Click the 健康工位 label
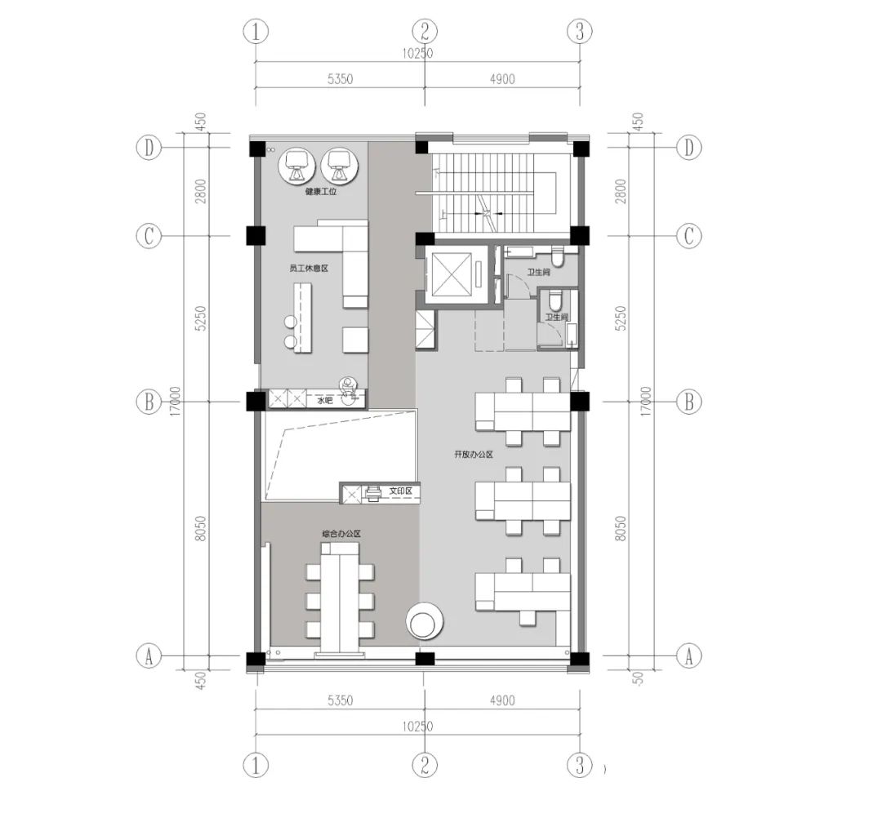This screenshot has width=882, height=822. tap(321, 193)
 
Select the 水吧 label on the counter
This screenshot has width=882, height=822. tap(325, 401)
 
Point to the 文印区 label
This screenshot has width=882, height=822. tap(400, 492)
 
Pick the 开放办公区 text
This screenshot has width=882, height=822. tap(474, 455)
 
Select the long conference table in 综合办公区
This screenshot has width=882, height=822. tap(340, 601)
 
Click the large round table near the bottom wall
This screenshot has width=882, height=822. tap(424, 623)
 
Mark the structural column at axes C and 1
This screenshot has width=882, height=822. tap(256, 236)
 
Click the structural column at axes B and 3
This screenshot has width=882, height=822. tap(579, 402)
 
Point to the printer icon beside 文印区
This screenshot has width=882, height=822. tap(373, 492)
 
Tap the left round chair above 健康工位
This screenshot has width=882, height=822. tap(296, 165)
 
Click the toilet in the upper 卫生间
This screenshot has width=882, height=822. tap(558, 258)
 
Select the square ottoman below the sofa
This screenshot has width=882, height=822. tap(355, 340)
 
